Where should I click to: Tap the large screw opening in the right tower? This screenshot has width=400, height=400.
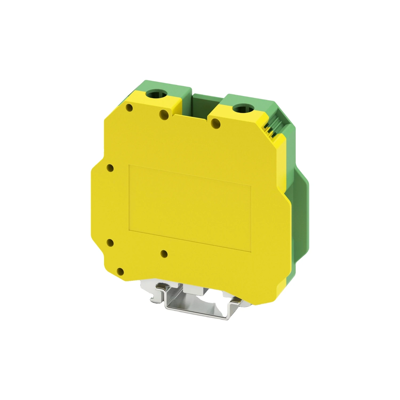241,109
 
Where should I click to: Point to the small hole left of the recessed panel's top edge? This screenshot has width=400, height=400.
110,168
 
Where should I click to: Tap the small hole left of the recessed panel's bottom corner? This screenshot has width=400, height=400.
110,243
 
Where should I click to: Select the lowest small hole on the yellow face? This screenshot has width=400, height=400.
121,272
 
